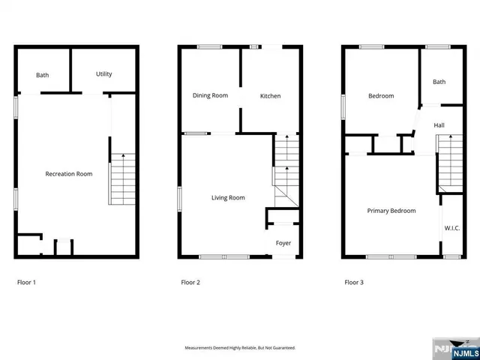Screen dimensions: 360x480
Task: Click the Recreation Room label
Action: click(x=68, y=174)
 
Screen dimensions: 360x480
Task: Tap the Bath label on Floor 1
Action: click(x=43, y=76)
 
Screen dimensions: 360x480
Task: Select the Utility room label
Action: click(x=103, y=74)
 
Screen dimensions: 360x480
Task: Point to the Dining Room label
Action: click(x=210, y=95)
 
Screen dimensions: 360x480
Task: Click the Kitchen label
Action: click(x=270, y=96)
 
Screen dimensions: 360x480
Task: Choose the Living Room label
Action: click(x=228, y=198)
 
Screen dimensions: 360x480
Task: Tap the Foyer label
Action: click(x=283, y=243)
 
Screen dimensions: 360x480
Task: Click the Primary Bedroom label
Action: click(x=391, y=211)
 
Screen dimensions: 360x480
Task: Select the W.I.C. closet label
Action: click(x=451, y=228)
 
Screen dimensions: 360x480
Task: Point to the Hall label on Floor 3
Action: click(x=439, y=126)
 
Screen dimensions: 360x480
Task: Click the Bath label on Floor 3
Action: click(x=439, y=82)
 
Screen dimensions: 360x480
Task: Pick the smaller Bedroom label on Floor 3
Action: click(x=380, y=96)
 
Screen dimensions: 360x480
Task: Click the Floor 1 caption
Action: click(x=26, y=283)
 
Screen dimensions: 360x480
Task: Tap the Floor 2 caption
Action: click(x=190, y=283)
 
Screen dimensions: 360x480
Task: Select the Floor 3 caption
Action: click(x=353, y=283)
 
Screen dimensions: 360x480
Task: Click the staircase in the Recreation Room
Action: click(x=122, y=178)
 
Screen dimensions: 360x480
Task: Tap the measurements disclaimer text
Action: click(x=240, y=348)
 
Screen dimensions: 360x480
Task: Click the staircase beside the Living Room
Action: click(x=286, y=172)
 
